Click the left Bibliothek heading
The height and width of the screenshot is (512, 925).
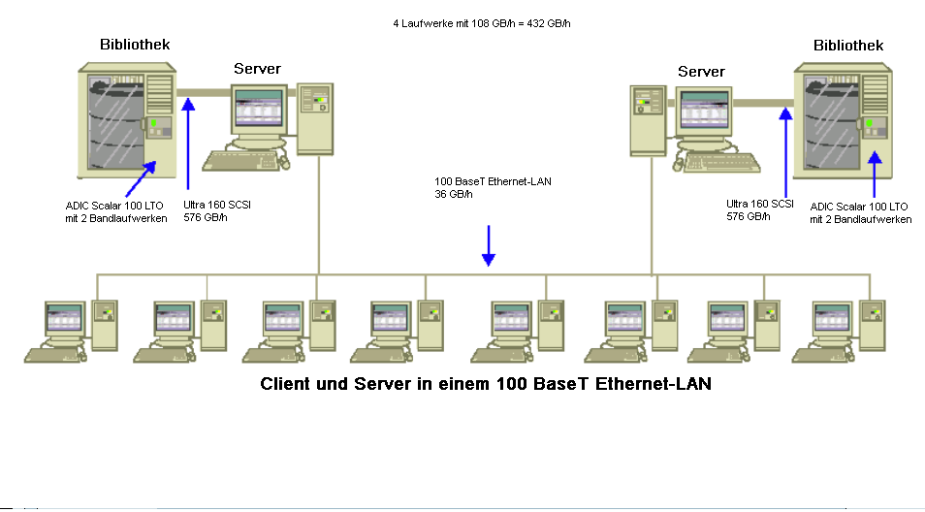click(x=135, y=45)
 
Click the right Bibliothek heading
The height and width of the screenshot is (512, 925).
click(x=848, y=46)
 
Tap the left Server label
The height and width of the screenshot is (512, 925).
click(x=257, y=69)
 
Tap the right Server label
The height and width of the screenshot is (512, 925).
click(x=701, y=72)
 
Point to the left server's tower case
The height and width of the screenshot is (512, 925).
click(x=315, y=118)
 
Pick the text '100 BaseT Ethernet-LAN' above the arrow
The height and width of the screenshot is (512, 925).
click(x=494, y=181)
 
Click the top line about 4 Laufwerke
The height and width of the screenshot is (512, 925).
click(x=482, y=22)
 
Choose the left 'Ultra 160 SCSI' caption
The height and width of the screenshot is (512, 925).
click(x=217, y=205)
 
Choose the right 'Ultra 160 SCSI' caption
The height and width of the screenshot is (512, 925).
click(x=760, y=204)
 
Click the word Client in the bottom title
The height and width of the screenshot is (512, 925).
click(x=286, y=384)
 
